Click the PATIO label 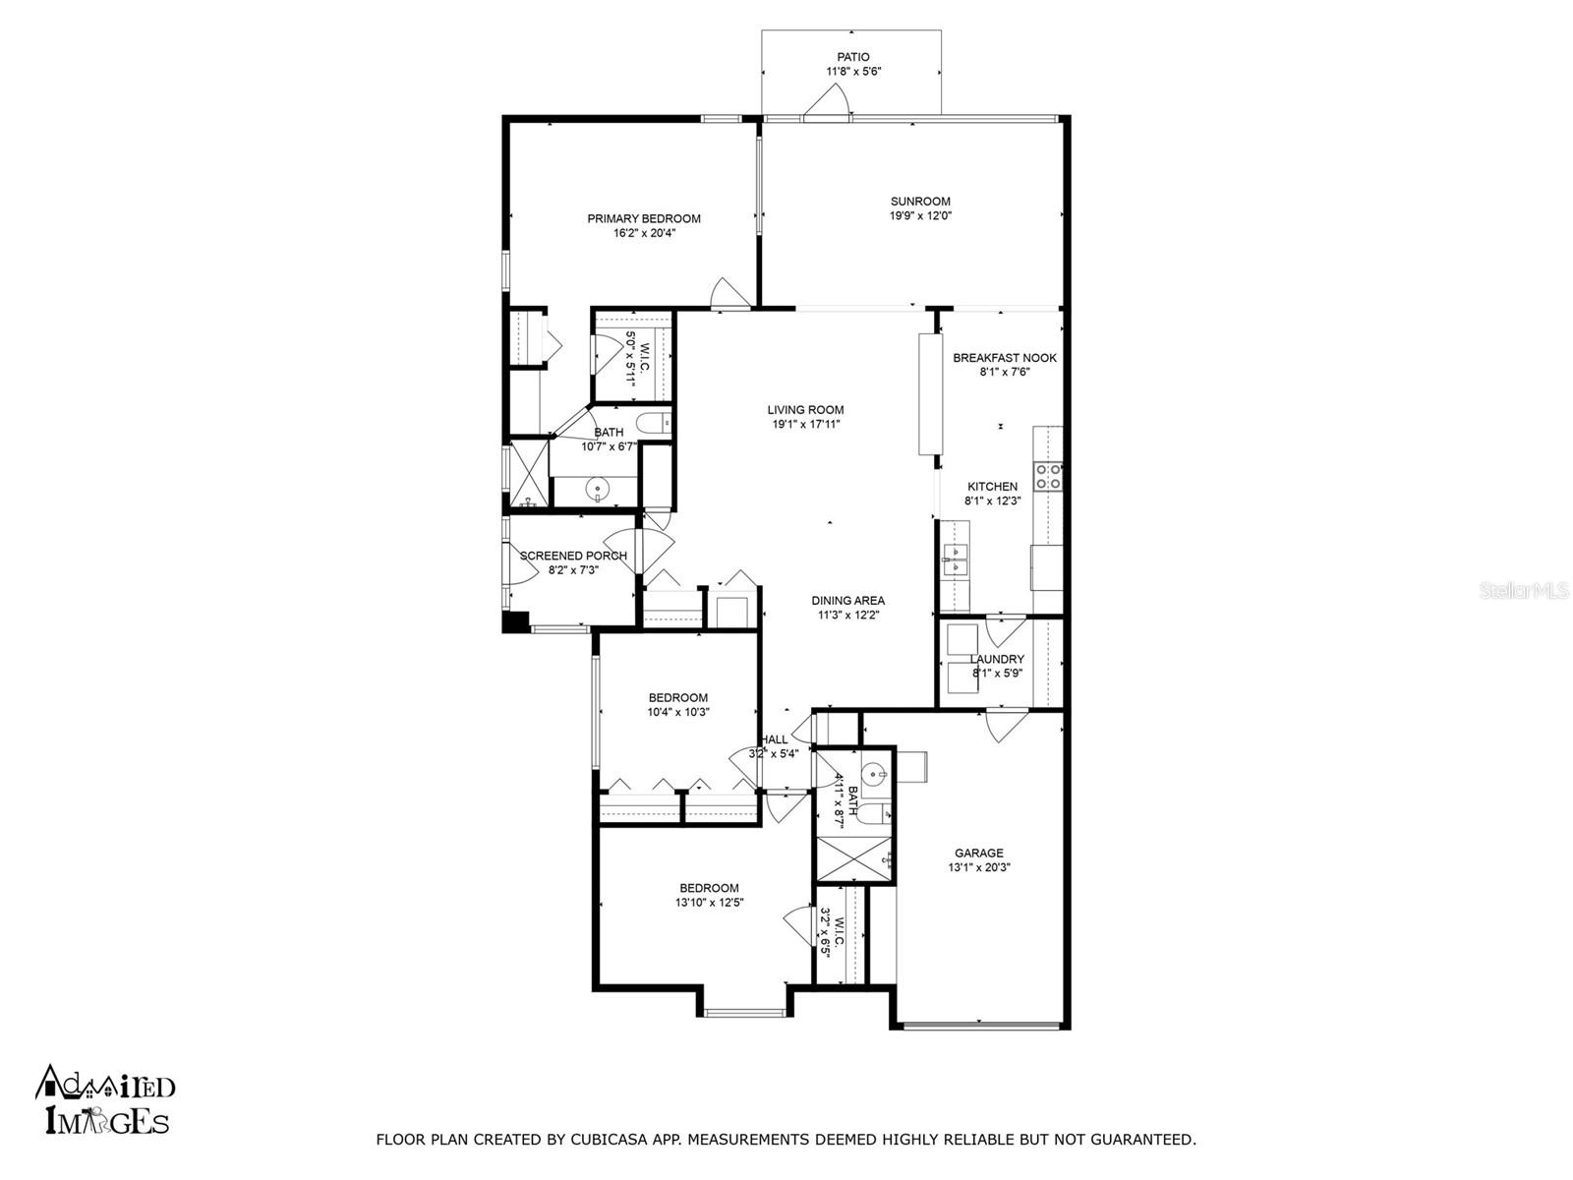tap(852, 57)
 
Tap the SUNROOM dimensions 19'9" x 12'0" tap(920, 215)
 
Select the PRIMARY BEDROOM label tap(644, 218)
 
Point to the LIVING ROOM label tap(805, 410)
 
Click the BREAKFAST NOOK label tap(1004, 358)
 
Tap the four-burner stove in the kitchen tap(1047, 477)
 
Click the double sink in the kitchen tap(956, 560)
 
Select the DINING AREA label tap(847, 601)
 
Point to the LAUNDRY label tap(997, 659)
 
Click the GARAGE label tap(979, 853)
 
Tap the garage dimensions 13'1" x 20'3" tap(979, 867)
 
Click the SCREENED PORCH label tap(573, 556)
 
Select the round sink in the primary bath tap(597, 491)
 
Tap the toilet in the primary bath tap(653, 424)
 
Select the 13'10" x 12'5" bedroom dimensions tap(709, 903)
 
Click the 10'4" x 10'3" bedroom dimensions tap(678, 712)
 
